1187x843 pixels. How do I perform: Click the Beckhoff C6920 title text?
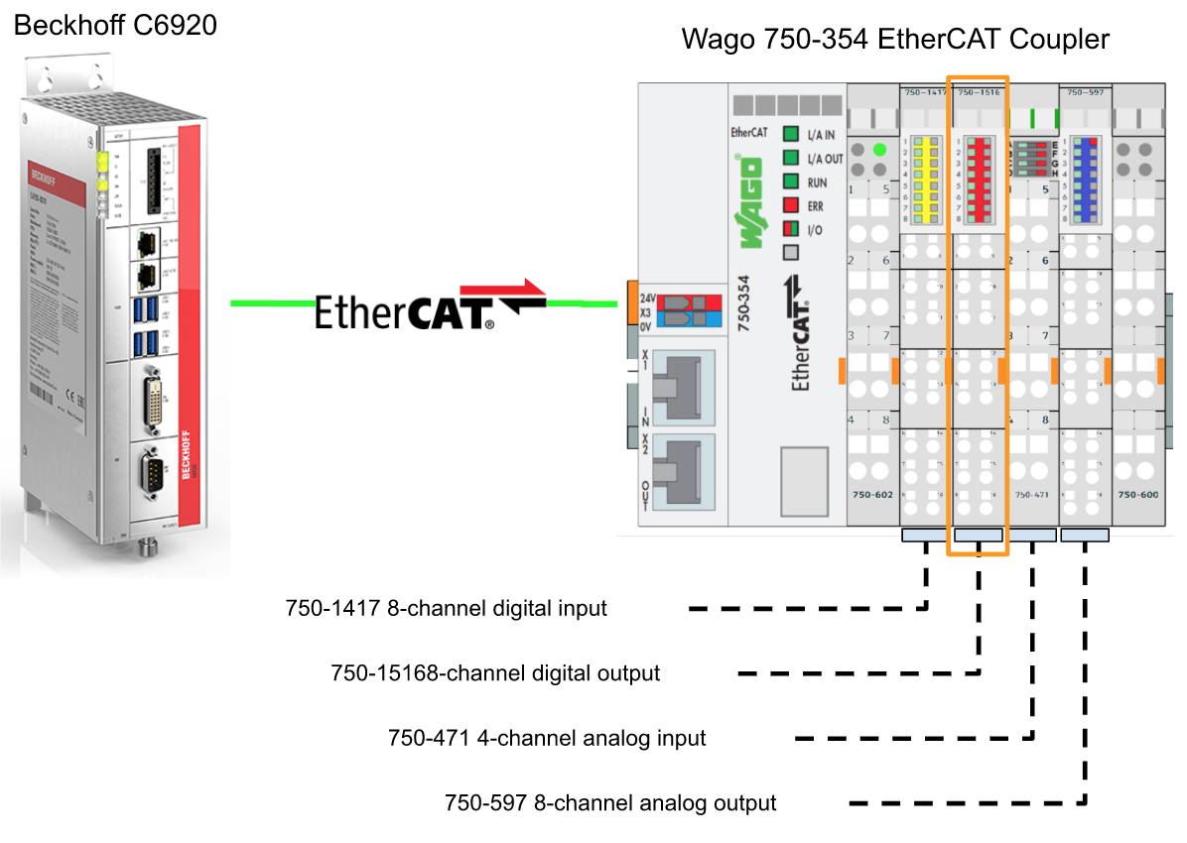[115, 25]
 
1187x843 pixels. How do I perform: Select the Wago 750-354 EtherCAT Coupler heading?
[894, 39]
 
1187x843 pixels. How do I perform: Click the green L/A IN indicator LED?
[791, 135]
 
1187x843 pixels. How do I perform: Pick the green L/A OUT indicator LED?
[791, 159]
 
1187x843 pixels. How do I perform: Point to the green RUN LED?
[791, 182]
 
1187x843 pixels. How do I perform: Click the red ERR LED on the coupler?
[791, 206]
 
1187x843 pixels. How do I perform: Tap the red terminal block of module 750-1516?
[979, 180]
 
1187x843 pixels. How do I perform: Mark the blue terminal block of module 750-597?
[1086, 180]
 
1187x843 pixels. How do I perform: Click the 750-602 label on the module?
[872, 494]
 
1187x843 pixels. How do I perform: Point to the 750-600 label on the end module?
[1137, 494]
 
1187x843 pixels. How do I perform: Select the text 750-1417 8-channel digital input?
[446, 608]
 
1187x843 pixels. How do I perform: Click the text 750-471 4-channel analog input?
[547, 739]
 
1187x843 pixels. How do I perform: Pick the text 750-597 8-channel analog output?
[610, 802]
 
